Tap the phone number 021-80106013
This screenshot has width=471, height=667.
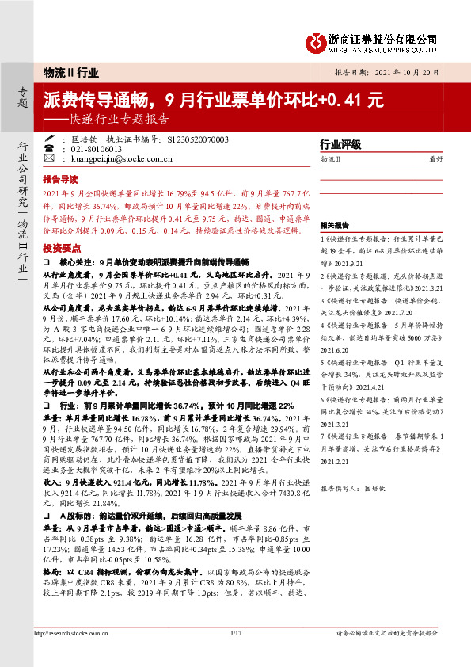tap(95, 149)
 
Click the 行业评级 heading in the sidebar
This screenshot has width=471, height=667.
tap(340, 145)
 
